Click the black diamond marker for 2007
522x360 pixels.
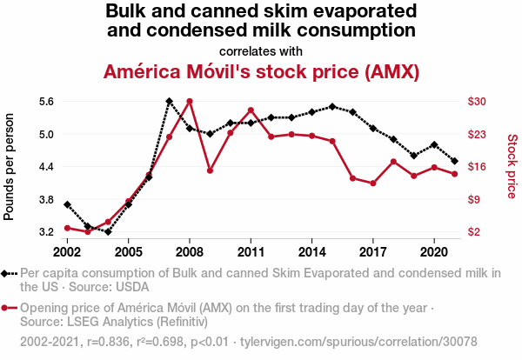click(x=169, y=101)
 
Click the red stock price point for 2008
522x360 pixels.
click(x=190, y=101)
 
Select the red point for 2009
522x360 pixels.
click(x=210, y=170)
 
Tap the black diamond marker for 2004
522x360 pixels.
click(x=108, y=232)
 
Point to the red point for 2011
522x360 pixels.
click(x=251, y=110)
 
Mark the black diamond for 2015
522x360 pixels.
click(x=332, y=106)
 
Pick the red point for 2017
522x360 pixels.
click(x=372, y=183)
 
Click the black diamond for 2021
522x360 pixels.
click(x=454, y=161)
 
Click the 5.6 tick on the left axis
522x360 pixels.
click(x=46, y=101)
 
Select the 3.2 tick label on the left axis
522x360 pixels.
click(x=46, y=232)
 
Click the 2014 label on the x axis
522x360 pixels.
click(x=311, y=252)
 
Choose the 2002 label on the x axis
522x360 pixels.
click(x=67, y=252)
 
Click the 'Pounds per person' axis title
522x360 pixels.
click(x=10, y=166)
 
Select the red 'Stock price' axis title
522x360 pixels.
click(x=512, y=166)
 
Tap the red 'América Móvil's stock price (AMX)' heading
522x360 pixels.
click(x=261, y=70)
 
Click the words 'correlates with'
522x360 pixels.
click(x=261, y=50)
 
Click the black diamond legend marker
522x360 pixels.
click(x=9, y=273)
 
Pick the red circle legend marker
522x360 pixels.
click(x=9, y=308)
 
